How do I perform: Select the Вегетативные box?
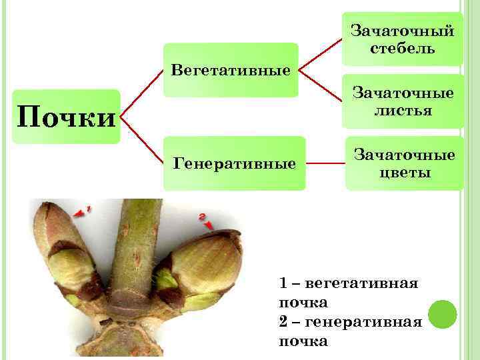tap(231, 70)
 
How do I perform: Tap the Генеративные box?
tap(234, 163)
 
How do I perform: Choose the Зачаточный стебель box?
tap(403, 39)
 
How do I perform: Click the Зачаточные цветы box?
tap(403, 163)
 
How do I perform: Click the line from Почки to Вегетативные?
tap(141, 93)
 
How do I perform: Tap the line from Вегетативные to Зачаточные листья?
tap(320, 83)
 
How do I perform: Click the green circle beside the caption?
tap(442, 313)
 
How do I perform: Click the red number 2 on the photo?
tap(202, 216)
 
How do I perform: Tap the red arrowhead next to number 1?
tap(79, 213)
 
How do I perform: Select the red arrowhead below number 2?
tap(209, 226)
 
